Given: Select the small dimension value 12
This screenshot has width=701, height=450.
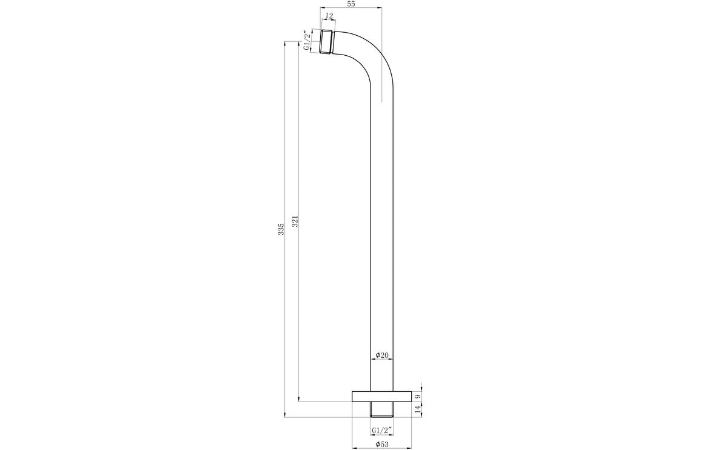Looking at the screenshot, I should pyautogui.click(x=328, y=16).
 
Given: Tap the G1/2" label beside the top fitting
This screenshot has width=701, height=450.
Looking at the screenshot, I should pyautogui.click(x=307, y=42).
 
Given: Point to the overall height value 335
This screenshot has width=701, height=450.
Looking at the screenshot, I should pyautogui.click(x=280, y=230).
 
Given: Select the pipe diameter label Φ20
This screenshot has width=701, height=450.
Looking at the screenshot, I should pyautogui.click(x=382, y=355).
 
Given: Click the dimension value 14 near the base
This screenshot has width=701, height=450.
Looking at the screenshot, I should pyautogui.click(x=418, y=410).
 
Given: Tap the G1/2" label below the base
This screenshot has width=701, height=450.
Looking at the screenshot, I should pyautogui.click(x=382, y=431).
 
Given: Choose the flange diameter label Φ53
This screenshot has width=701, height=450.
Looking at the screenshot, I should pyautogui.click(x=382, y=445).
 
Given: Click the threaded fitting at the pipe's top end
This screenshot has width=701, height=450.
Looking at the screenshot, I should pyautogui.click(x=328, y=42).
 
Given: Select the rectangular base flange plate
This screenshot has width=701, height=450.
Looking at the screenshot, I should pyautogui.click(x=382, y=397).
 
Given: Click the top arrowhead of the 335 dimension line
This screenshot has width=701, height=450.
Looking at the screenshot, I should pyautogui.click(x=285, y=44).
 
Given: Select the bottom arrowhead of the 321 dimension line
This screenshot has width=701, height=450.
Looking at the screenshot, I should pyautogui.click(x=299, y=398).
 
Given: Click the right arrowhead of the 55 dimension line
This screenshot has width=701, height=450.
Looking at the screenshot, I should pyautogui.click(x=380, y=8).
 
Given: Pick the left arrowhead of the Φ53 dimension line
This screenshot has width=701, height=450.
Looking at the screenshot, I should pyautogui.click(x=354, y=438).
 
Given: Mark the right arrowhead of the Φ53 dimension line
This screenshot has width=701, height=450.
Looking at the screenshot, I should pyautogui.click(x=410, y=438).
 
